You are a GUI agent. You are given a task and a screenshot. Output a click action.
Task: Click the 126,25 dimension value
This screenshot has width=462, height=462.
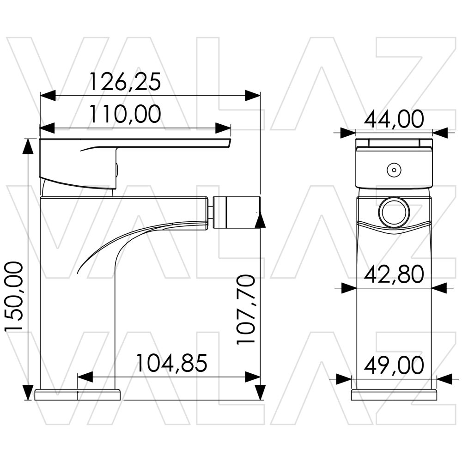coord(125,82)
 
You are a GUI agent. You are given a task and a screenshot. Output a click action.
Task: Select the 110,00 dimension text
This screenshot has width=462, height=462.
coord(125,114)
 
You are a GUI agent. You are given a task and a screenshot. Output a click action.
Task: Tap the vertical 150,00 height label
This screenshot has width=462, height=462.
coord(14,297)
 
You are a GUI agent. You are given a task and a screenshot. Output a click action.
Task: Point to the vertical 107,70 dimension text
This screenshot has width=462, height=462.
coord(245,310)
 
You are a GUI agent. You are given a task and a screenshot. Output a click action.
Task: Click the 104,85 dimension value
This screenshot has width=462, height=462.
coord(172,363)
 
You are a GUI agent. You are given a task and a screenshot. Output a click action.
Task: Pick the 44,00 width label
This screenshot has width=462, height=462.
coord(394,119)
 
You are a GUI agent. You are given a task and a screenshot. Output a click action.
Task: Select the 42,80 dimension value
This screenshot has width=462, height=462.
coord(394,274)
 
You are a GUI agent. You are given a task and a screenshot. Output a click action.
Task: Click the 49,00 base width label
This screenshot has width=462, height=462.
coord(394,365)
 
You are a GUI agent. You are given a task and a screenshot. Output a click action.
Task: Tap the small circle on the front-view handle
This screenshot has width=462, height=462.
coord(394,170)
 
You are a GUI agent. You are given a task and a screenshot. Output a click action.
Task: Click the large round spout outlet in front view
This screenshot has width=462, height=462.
coord(394,212)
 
